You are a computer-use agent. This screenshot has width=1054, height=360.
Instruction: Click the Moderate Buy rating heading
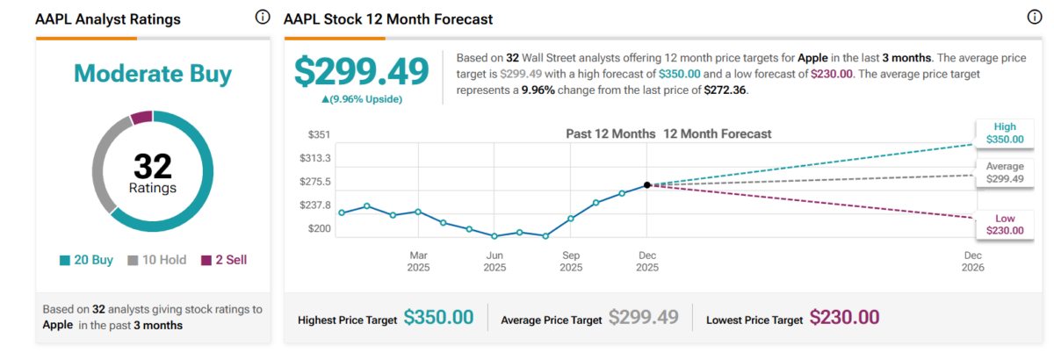153,74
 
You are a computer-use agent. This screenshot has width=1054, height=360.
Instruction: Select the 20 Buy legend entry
89,261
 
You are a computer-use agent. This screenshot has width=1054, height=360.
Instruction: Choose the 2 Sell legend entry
224,261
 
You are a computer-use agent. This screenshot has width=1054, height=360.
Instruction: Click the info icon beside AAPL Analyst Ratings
262,18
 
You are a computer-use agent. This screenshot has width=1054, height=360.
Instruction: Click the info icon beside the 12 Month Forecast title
1034,18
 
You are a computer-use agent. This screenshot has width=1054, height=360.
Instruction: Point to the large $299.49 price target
362,72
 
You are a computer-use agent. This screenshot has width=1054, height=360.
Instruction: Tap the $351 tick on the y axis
318,134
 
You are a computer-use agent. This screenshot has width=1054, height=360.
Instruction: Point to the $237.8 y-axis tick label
315,205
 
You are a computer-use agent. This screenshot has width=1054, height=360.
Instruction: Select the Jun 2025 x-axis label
495,261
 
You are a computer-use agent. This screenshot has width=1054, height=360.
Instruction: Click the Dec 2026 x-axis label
973,261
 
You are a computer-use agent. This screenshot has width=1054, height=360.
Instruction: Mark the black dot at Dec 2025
647,184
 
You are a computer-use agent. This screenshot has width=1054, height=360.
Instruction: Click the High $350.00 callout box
1004,133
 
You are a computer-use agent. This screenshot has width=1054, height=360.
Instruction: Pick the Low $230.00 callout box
1004,224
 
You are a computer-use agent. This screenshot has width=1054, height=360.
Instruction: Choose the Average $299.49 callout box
1004,172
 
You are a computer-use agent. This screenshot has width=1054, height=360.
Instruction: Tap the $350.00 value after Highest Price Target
438,318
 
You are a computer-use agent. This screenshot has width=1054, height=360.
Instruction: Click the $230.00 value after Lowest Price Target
844,318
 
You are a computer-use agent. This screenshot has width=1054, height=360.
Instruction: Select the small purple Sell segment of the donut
141,118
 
